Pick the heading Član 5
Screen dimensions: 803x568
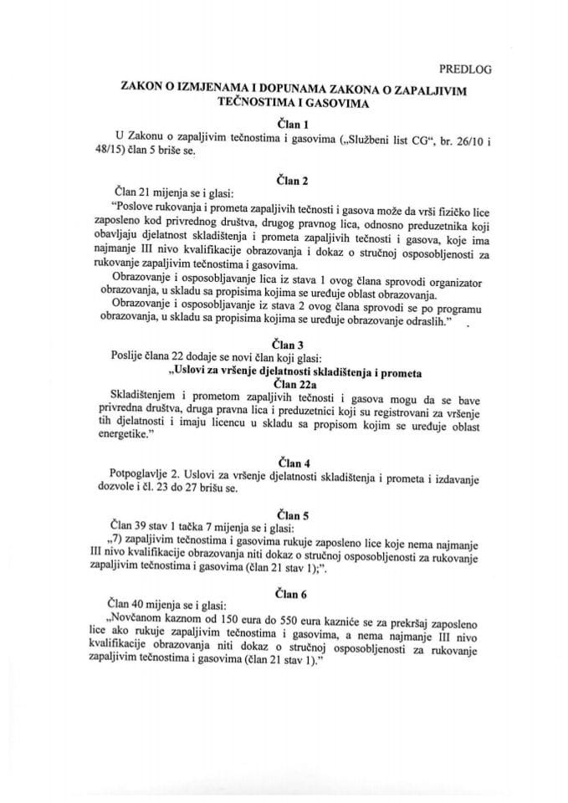pyautogui.click(x=285, y=514)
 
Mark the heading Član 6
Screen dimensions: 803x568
pyautogui.click(x=285, y=591)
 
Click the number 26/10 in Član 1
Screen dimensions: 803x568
pyautogui.click(x=487, y=139)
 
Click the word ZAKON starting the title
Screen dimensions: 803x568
pyautogui.click(x=125, y=90)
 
